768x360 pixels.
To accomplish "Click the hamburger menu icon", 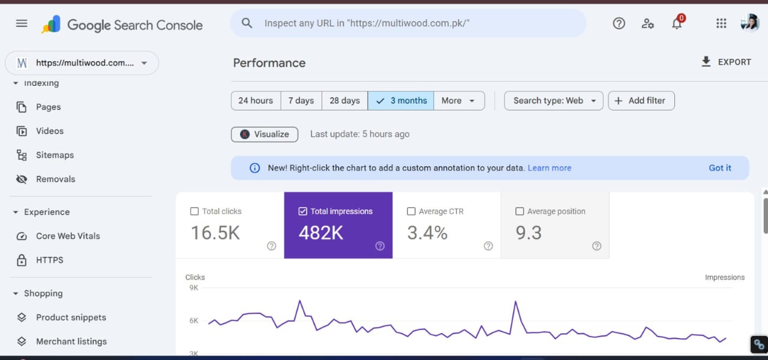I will [x=22, y=23].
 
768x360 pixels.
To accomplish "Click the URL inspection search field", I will [x=408, y=23].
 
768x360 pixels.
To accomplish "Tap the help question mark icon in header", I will [x=619, y=23].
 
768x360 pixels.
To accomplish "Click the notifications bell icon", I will [x=677, y=23].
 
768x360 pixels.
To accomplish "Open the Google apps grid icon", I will [x=721, y=23].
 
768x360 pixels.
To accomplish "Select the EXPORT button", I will [x=726, y=62].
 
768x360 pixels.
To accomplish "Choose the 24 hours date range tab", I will [x=256, y=101].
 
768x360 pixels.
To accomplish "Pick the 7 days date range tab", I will [x=301, y=101].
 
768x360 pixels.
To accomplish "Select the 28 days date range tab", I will [x=344, y=101].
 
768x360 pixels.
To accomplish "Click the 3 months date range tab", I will [x=401, y=101].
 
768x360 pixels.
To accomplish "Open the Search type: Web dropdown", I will [x=554, y=101].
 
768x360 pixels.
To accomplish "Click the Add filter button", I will [x=641, y=101].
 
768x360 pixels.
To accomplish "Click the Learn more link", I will [x=549, y=168].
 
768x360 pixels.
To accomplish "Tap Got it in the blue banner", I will [x=720, y=168].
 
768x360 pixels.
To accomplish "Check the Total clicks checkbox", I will [x=194, y=211].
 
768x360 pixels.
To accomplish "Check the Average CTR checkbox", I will [x=411, y=211].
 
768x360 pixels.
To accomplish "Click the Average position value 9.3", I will [x=529, y=233].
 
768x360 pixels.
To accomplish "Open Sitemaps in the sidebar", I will [x=55, y=155].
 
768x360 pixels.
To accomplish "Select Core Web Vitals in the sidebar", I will [x=68, y=236].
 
